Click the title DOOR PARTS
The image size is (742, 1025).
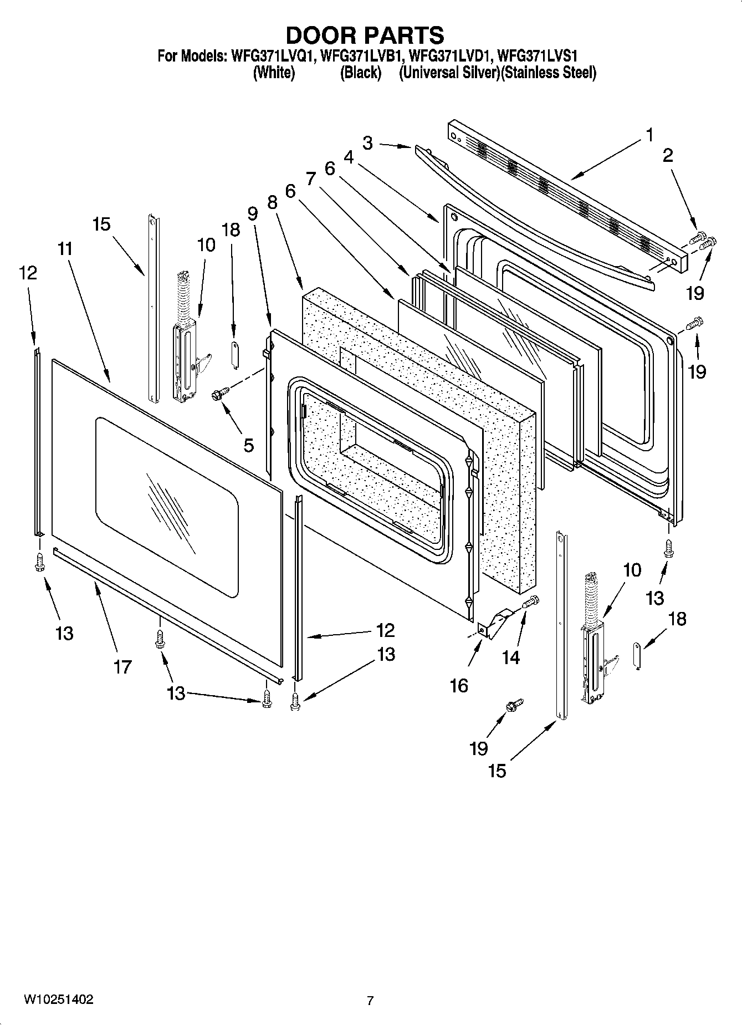tap(365, 35)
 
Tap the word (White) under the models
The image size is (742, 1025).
tap(274, 73)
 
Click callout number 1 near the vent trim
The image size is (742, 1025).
tap(649, 135)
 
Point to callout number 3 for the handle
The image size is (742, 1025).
tap(368, 143)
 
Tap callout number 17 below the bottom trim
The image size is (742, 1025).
tap(122, 666)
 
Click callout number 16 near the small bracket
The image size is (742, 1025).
tap(459, 686)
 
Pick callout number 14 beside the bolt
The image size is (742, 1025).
tap(511, 657)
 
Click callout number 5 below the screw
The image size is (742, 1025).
tap(248, 445)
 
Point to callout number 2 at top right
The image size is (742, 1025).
tap(668, 155)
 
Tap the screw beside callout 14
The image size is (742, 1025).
tap(530, 601)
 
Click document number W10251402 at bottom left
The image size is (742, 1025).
tap(58, 999)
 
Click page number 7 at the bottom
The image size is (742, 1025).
tap(370, 1001)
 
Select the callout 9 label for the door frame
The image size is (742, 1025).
tap(253, 213)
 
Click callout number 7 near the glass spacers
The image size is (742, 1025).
tap(310, 179)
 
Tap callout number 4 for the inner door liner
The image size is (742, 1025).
tap(349, 157)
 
